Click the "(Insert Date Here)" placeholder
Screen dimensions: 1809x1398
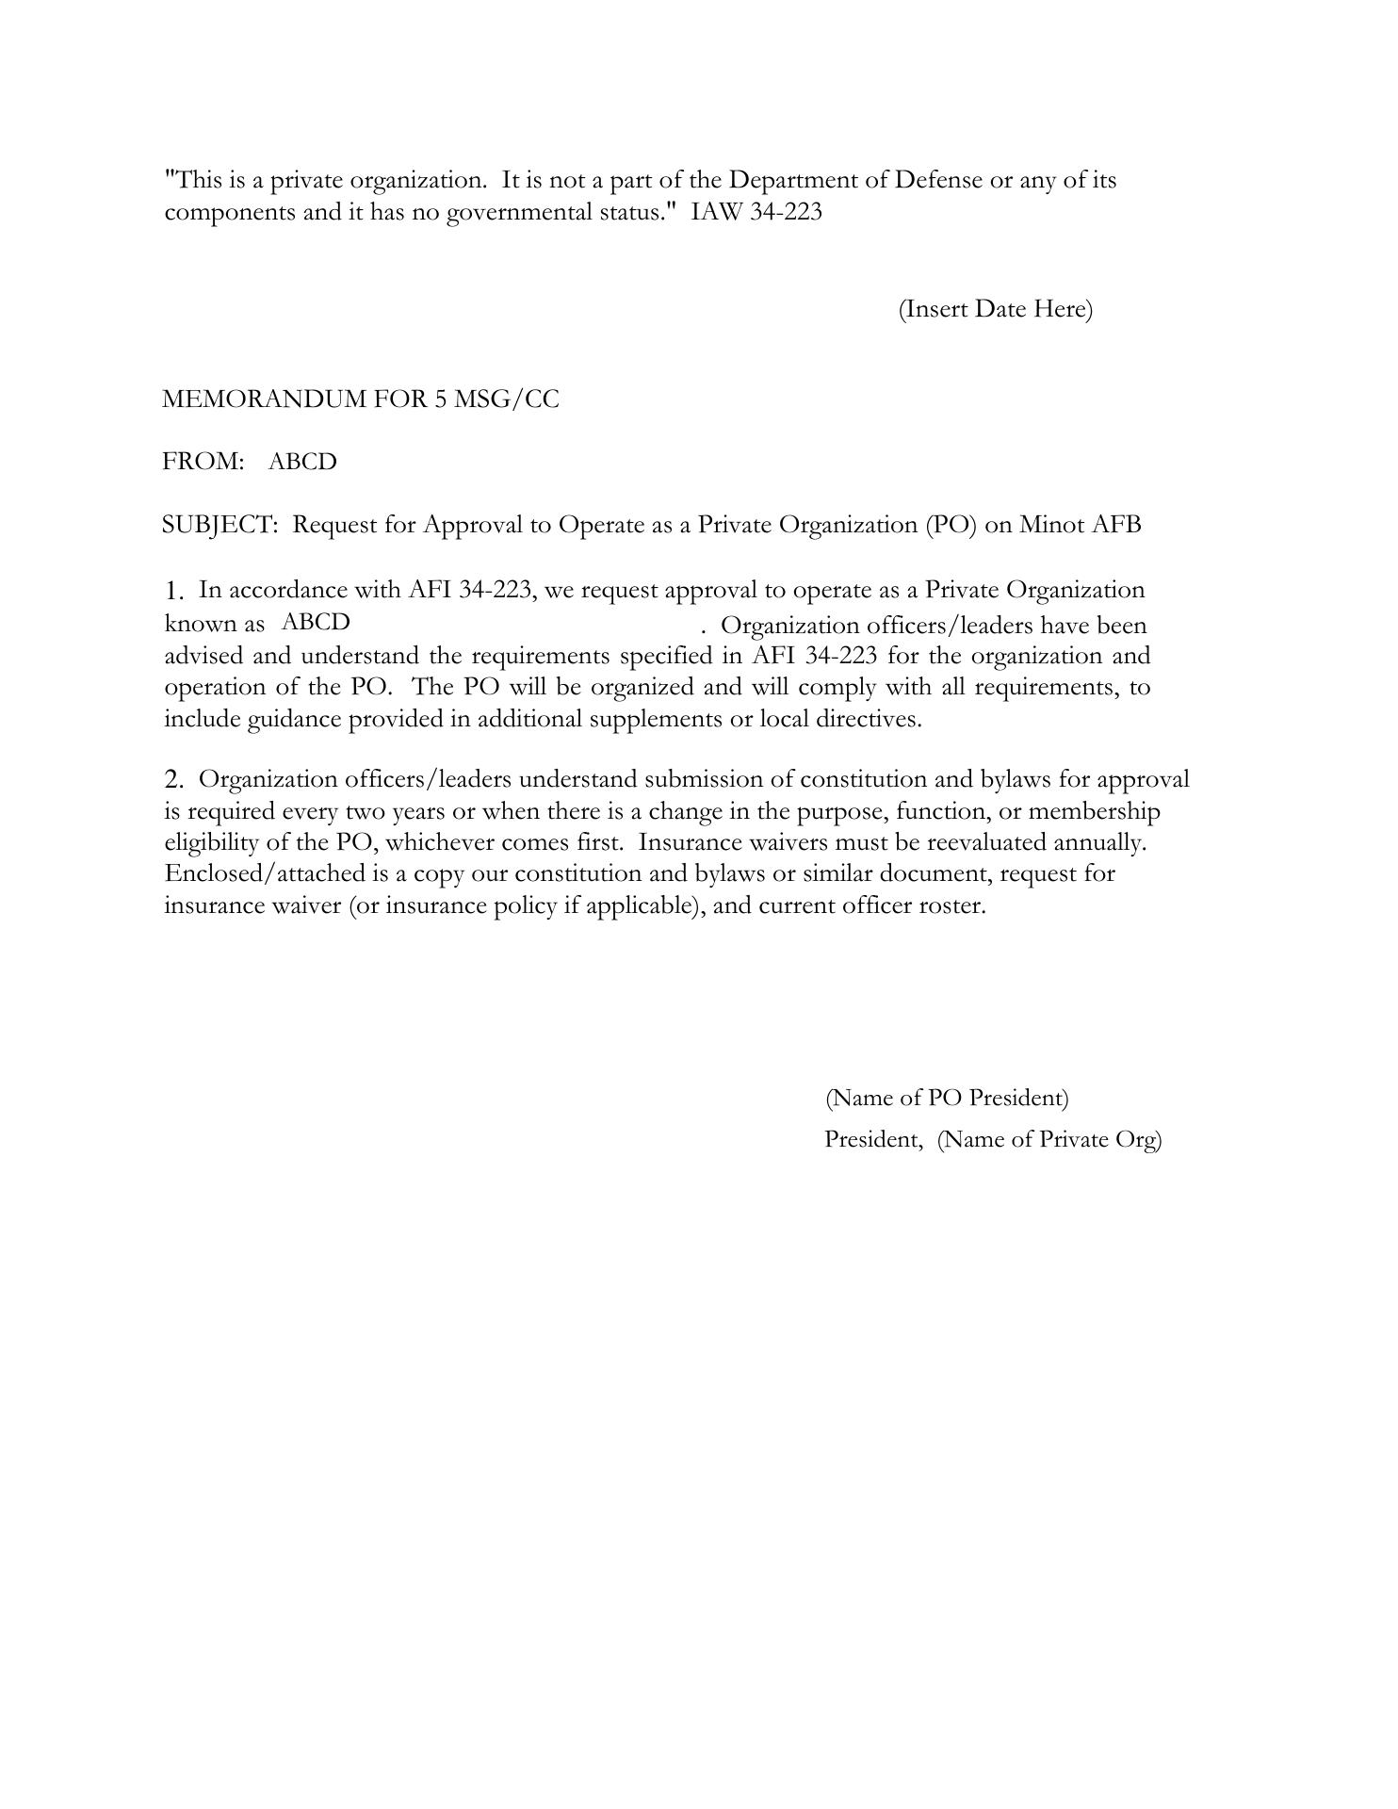click(995, 309)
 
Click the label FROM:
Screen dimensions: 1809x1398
click(203, 462)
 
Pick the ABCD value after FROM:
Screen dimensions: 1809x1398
click(302, 462)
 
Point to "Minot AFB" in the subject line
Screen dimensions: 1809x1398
click(1080, 525)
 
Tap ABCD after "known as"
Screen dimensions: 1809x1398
click(316, 623)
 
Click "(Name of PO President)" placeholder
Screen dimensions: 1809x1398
click(947, 1098)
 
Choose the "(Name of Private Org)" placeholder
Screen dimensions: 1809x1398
click(1049, 1139)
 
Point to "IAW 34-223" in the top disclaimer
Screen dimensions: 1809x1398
click(756, 212)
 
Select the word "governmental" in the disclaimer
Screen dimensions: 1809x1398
click(519, 212)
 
